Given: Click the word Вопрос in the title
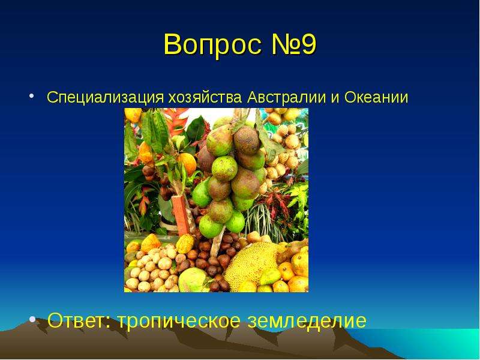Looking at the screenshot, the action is (212, 44).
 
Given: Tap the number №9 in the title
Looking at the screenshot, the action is (293, 44).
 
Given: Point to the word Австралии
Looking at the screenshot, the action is (287, 97).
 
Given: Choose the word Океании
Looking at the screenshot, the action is (376, 97).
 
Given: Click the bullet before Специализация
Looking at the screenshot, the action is (31, 96).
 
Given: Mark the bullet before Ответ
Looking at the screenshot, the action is (32, 320).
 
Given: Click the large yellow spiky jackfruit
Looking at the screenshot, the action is (254, 265).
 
